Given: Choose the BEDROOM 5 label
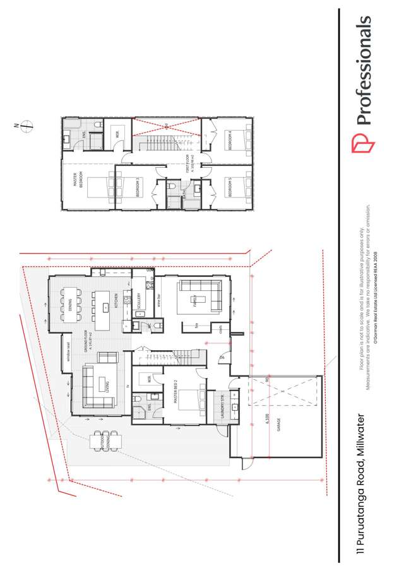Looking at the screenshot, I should pyautogui.click(x=230, y=187).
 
